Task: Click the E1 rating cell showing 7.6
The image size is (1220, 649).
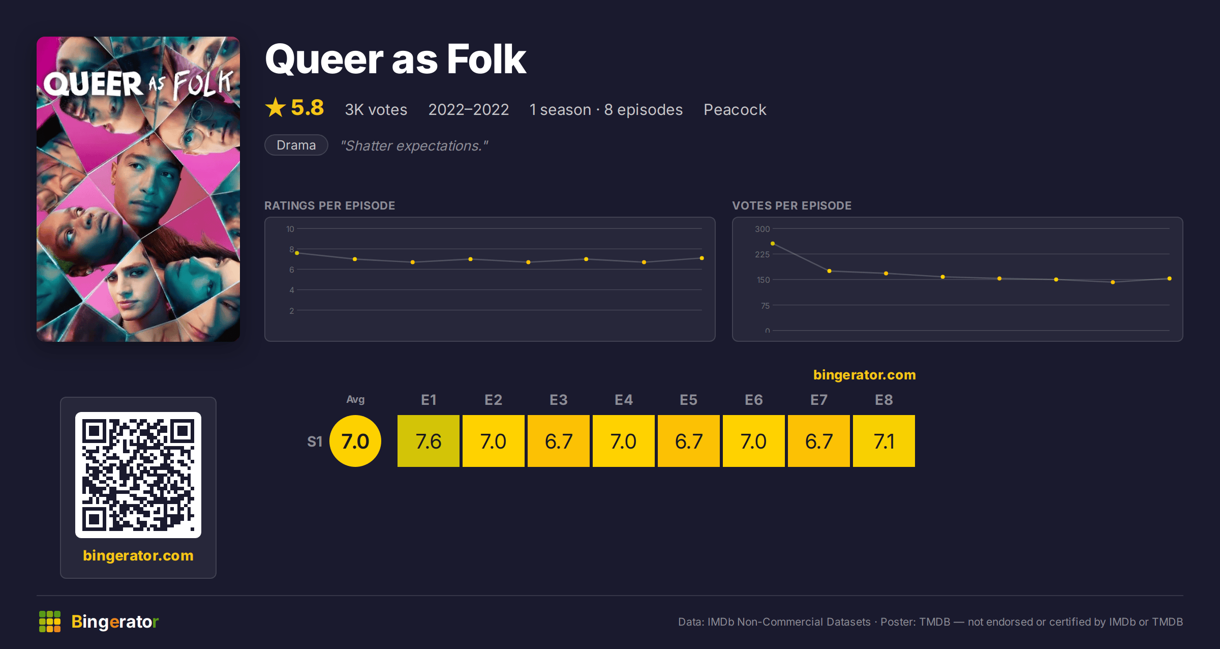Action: pyautogui.click(x=428, y=441)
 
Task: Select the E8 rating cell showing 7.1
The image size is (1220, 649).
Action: pyautogui.click(x=883, y=441)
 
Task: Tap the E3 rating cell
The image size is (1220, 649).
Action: pyautogui.click(x=558, y=441)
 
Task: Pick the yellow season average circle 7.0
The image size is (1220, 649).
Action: pyautogui.click(x=355, y=441)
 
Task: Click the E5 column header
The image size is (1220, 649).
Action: pyautogui.click(x=688, y=400)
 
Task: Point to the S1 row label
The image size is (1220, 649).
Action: pyautogui.click(x=315, y=441)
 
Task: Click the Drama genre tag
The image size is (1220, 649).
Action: pyautogui.click(x=296, y=145)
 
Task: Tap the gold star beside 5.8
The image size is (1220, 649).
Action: pyautogui.click(x=276, y=107)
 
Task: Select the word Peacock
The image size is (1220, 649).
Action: pyautogui.click(x=735, y=109)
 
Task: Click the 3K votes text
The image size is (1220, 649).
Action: pyautogui.click(x=376, y=109)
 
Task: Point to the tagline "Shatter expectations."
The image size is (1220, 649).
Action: pyautogui.click(x=414, y=145)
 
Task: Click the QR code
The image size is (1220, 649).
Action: pyautogui.click(x=138, y=475)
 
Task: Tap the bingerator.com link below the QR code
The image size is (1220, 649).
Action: pyautogui.click(x=138, y=555)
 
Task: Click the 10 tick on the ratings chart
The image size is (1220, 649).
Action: pyautogui.click(x=290, y=229)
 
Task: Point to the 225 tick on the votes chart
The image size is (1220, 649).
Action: pyautogui.click(x=762, y=254)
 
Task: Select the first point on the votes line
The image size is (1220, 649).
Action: pyautogui.click(x=773, y=244)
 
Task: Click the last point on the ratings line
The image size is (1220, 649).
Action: pyautogui.click(x=702, y=258)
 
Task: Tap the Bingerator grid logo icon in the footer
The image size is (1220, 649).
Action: pyautogui.click(x=50, y=622)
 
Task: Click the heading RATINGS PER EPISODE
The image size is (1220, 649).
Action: pyautogui.click(x=329, y=205)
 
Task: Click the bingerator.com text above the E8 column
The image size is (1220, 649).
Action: pyautogui.click(x=864, y=375)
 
